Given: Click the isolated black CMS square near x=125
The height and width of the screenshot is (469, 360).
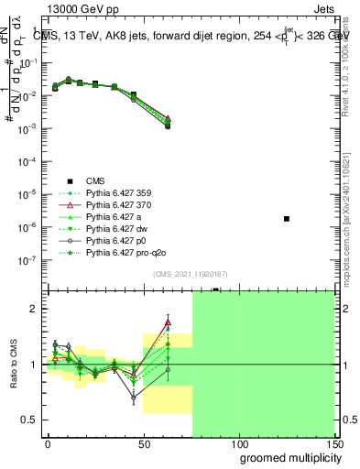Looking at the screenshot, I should point(287,219).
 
